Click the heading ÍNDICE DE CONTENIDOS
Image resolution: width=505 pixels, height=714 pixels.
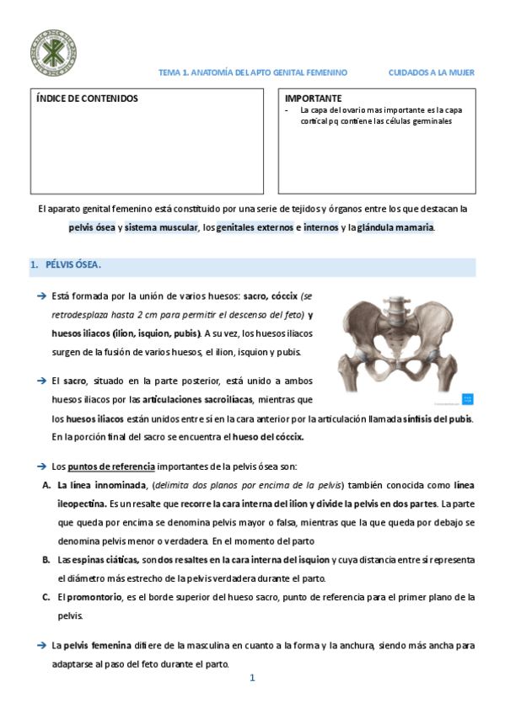tap(87, 99)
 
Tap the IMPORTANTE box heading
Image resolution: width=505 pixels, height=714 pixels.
tap(314, 99)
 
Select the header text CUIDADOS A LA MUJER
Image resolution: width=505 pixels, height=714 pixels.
tap(431, 73)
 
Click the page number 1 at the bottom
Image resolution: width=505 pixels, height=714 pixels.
tap(251, 679)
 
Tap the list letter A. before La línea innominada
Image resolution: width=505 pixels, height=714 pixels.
tap(46, 485)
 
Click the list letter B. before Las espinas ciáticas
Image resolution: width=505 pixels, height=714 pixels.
tap(46, 560)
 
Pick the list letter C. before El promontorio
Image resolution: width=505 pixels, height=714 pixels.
tap(46, 597)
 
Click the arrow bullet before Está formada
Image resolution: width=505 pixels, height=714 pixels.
tap(40, 296)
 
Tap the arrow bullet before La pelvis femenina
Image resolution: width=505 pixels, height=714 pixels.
tap(40, 646)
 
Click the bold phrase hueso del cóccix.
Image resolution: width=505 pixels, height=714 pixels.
tap(268, 437)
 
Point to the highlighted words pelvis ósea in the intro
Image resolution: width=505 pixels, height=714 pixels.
tap(92, 227)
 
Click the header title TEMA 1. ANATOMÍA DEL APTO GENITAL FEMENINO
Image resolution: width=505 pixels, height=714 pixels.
tap(253, 73)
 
